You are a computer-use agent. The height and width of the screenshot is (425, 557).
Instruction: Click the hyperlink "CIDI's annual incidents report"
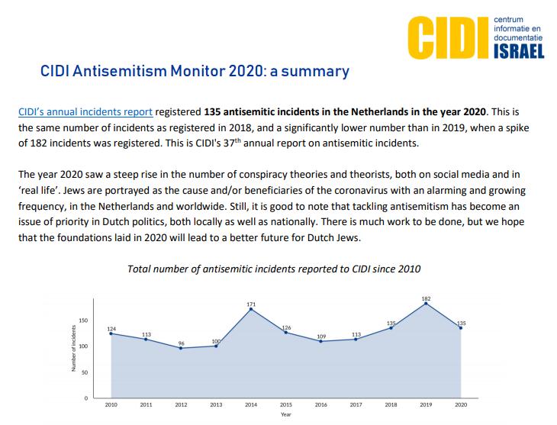(85, 111)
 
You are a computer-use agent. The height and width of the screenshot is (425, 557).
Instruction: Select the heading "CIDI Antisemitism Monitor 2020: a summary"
(195, 72)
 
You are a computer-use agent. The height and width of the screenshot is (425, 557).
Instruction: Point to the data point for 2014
(250, 309)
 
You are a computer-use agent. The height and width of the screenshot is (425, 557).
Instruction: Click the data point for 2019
(425, 303)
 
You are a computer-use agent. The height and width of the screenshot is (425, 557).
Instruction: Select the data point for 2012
(181, 348)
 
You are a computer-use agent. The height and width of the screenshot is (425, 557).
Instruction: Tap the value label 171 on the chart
(251, 304)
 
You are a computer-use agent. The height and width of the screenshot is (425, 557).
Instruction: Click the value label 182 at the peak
(425, 298)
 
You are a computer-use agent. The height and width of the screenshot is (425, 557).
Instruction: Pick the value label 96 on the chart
(181, 343)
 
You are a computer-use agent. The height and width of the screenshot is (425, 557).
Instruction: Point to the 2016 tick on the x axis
(320, 404)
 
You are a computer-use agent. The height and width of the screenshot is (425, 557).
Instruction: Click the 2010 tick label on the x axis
(111, 404)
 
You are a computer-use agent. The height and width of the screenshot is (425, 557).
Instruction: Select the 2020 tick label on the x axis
(460, 404)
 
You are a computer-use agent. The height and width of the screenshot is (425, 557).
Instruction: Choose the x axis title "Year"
(285, 415)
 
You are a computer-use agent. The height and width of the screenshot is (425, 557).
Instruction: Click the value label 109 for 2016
(320, 336)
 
